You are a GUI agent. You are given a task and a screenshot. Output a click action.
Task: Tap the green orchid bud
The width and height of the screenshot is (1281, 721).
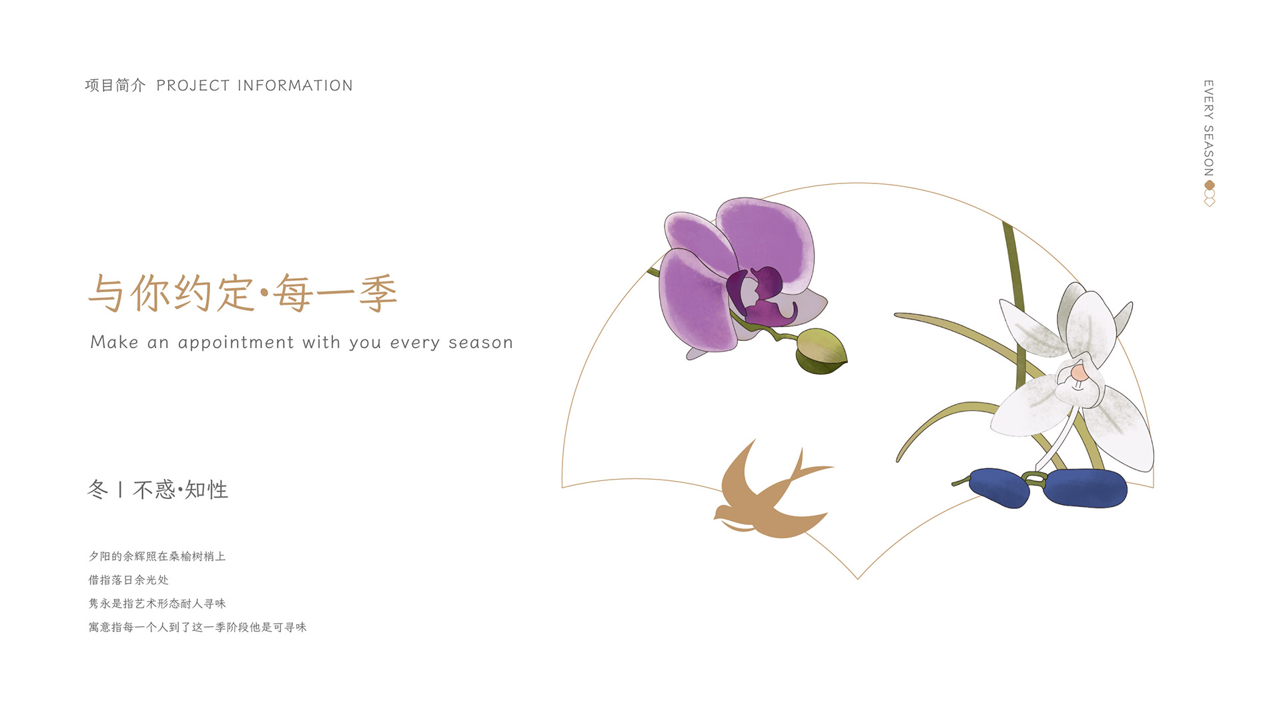coord(821,351)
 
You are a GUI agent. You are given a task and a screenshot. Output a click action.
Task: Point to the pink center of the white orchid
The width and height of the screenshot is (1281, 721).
coord(1078,374)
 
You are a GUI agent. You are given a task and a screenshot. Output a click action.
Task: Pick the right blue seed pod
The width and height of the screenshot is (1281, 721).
coord(1085,488)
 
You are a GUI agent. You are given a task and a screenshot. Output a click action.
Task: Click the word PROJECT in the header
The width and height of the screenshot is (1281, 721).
coord(193,86)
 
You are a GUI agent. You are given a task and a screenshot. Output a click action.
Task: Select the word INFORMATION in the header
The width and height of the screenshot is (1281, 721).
coord(295,86)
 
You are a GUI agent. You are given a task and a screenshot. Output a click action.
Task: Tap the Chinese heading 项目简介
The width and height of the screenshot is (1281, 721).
coord(115,85)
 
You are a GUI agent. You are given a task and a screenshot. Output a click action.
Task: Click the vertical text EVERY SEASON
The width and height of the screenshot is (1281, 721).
coord(1208,128)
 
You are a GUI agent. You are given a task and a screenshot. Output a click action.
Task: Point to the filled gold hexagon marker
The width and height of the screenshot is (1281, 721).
coord(1209,185)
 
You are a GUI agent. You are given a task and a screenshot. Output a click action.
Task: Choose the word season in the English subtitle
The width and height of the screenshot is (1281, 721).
coord(480,343)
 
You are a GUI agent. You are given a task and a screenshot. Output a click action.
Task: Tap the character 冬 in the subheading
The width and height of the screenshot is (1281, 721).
coord(97,490)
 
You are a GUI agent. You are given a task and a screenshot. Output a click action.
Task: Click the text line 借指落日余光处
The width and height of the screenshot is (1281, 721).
coord(129,580)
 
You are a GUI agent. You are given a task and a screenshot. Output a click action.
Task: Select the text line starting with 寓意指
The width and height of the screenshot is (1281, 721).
coord(197,627)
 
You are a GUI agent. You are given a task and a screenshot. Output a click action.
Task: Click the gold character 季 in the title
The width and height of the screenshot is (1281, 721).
coord(378,293)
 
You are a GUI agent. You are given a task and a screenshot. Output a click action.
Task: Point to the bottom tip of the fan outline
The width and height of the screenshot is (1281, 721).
coord(857,579)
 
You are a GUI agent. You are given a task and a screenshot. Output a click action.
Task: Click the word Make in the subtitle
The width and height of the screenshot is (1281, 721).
coord(114,342)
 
